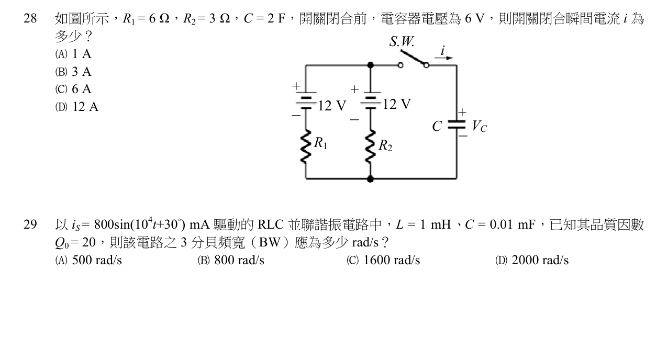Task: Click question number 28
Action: pyautogui.click(x=30, y=18)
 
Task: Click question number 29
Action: pyautogui.click(x=30, y=224)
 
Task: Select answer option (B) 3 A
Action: pyautogui.click(x=73, y=72)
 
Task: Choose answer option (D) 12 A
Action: pyautogui.click(x=76, y=107)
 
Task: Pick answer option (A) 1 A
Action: pyautogui.click(x=73, y=54)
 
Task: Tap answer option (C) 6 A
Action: pyautogui.click(x=73, y=89)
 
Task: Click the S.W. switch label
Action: pyautogui.click(x=402, y=41)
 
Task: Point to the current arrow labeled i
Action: pyautogui.click(x=443, y=58)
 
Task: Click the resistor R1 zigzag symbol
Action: pyautogui.click(x=306, y=147)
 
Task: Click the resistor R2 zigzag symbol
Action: pyautogui.click(x=371, y=147)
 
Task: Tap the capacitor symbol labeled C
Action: pyautogui.click(x=457, y=125)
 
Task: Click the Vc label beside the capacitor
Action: pyautogui.click(x=480, y=126)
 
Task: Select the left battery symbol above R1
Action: pyautogui.click(x=306, y=100)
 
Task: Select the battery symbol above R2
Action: pyautogui.click(x=371, y=100)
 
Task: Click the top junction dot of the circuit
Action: pyautogui.click(x=371, y=65)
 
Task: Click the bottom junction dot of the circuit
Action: pyautogui.click(x=371, y=179)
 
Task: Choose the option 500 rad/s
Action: pyautogui.click(x=88, y=261)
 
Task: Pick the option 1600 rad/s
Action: pyautogui.click(x=383, y=261)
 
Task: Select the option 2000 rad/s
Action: pyautogui.click(x=532, y=261)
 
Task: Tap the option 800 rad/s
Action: pyautogui.click(x=231, y=261)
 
